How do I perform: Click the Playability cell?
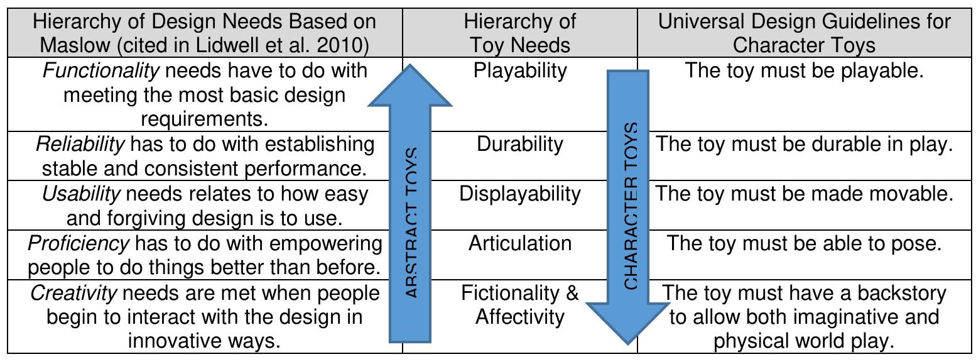(x=519, y=70)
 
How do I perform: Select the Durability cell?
(x=519, y=144)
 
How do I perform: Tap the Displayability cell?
(x=519, y=194)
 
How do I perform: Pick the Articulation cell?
(x=519, y=243)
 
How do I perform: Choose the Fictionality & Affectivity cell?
(x=519, y=304)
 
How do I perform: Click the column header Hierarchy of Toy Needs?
(x=519, y=33)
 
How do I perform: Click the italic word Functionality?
(x=100, y=70)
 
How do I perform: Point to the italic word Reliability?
(x=80, y=144)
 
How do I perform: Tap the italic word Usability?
(x=80, y=194)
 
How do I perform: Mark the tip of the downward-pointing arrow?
(x=627, y=343)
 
